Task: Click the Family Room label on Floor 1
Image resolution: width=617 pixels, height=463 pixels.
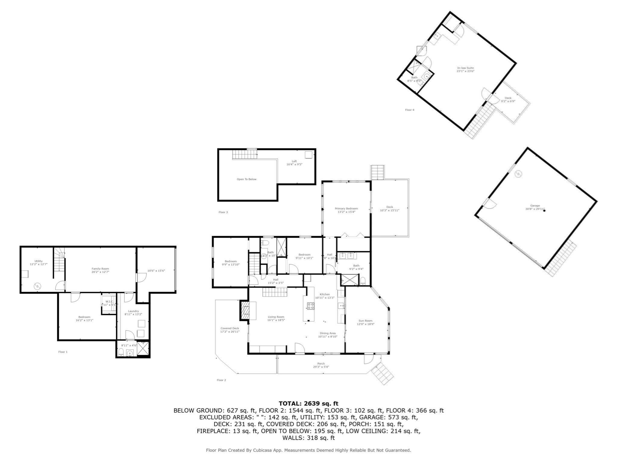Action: point(100,269)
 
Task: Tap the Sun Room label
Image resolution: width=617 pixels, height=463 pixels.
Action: point(365,321)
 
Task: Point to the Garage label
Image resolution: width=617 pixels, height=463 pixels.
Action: point(535,206)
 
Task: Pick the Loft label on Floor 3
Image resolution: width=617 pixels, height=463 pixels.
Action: point(294,161)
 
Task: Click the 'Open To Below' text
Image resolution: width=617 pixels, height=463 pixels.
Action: point(246,179)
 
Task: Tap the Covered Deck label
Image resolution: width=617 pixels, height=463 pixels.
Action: point(230,329)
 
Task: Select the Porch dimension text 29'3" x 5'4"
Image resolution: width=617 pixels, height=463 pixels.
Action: point(321,367)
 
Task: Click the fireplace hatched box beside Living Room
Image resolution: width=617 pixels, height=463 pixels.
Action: point(244,311)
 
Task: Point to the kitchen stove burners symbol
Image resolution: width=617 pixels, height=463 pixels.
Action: point(310,306)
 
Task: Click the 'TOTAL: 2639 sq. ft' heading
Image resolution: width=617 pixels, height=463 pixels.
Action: point(308,404)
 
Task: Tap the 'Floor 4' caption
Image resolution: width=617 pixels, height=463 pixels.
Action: point(409,110)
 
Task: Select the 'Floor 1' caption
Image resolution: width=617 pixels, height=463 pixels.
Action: point(63,352)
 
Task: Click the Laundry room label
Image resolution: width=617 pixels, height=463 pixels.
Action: point(133,311)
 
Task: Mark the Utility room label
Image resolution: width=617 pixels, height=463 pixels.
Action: point(39,261)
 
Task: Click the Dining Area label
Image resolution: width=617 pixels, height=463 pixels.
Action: point(328,333)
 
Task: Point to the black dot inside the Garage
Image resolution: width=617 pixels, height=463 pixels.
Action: point(544,211)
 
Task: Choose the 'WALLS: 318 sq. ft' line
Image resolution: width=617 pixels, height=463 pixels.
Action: point(308,438)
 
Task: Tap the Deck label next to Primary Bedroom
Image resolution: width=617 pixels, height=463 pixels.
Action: point(390,207)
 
